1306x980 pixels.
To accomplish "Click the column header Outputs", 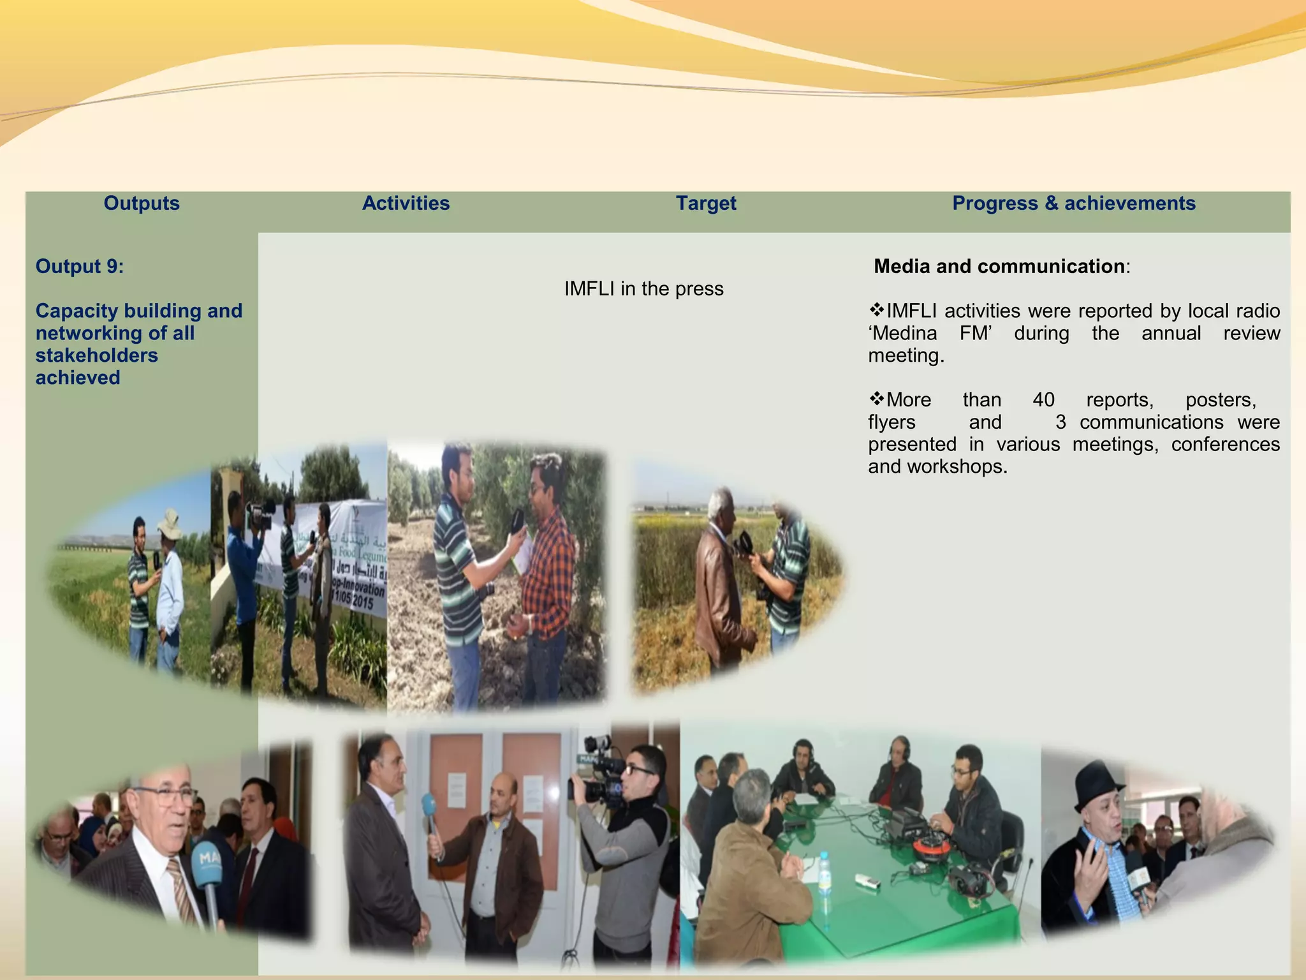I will [142, 204].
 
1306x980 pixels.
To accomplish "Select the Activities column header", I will [406, 204].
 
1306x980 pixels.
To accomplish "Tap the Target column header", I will [706, 204].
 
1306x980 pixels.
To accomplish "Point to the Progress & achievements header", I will [1073, 204].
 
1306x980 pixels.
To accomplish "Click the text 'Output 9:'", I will [80, 266].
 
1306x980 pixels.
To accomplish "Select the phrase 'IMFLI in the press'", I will [643, 289].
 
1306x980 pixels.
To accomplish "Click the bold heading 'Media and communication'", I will [999, 266].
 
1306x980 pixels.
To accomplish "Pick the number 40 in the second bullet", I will [1043, 400].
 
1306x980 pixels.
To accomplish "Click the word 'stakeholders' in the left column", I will [96, 355].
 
